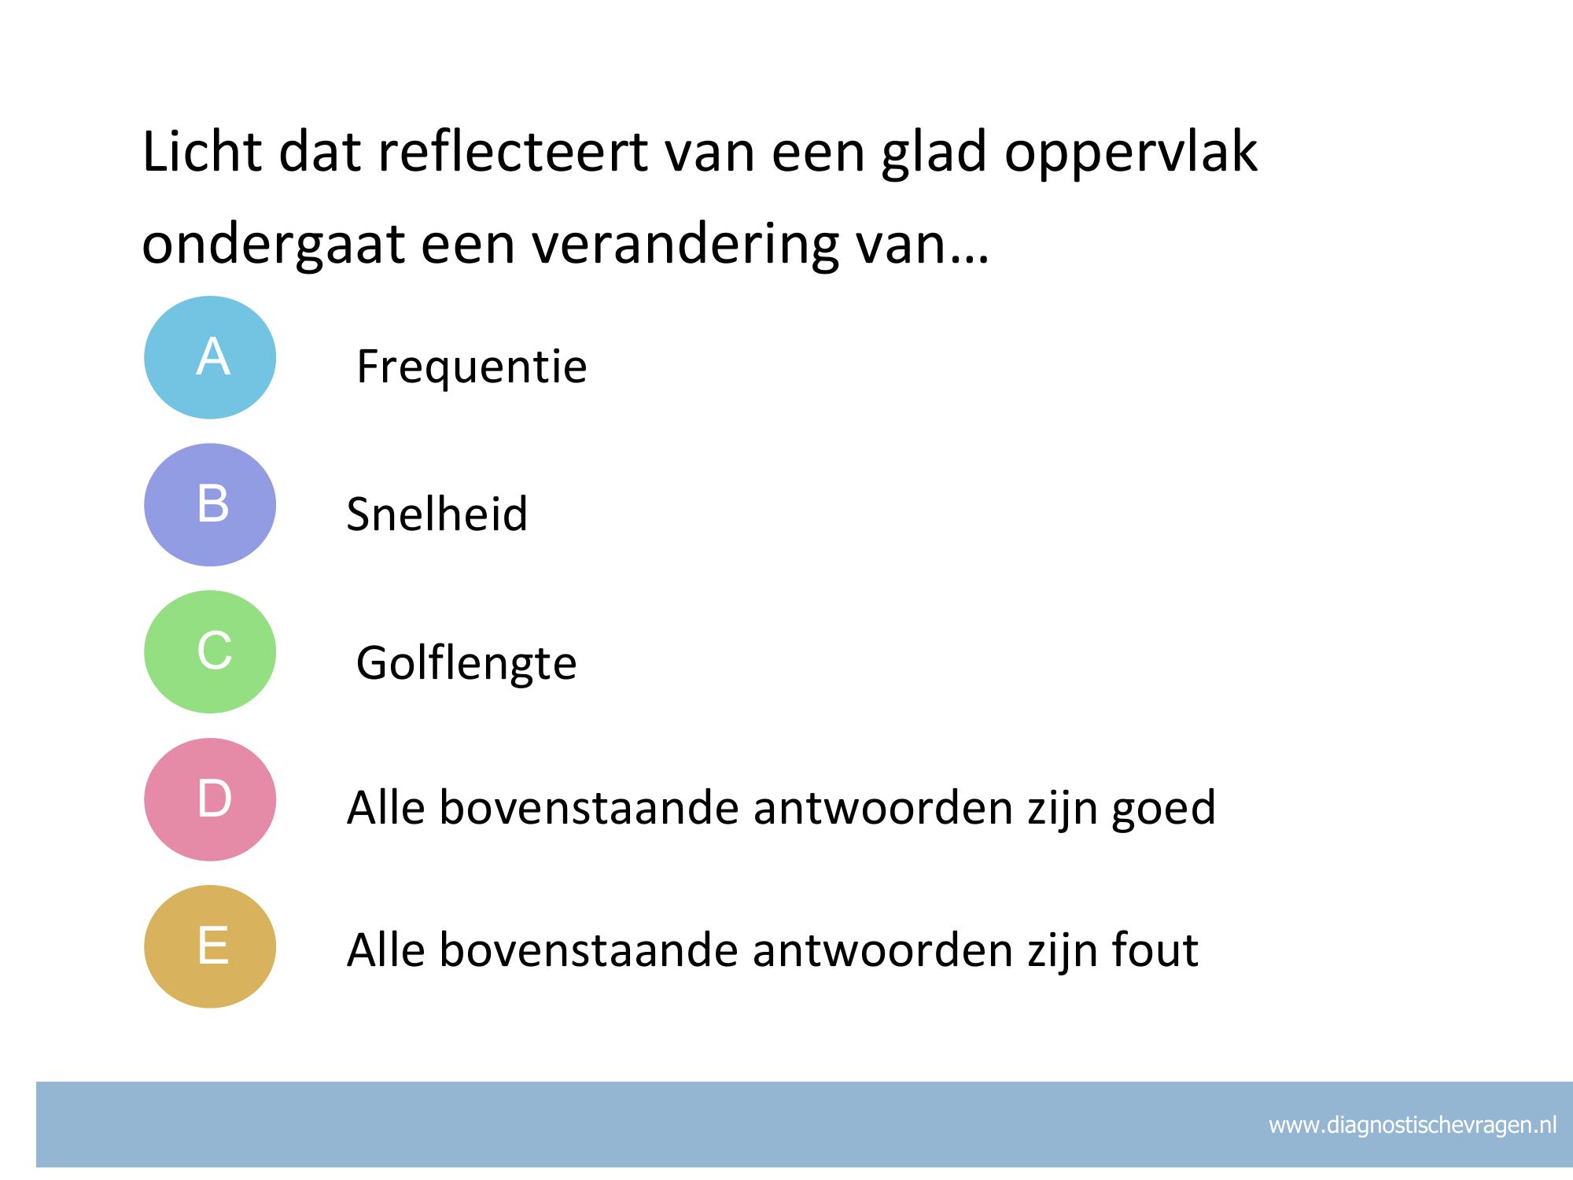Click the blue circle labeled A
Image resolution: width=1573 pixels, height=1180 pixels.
pos(210,357)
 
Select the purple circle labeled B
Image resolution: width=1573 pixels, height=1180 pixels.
pos(210,505)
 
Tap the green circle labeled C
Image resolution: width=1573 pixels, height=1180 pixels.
pos(210,652)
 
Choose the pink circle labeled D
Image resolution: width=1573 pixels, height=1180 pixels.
pos(210,799)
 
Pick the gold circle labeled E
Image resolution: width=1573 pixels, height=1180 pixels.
pos(210,946)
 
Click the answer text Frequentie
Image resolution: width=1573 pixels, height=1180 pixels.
pos(472,367)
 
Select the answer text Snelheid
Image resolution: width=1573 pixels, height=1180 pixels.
pos(437,514)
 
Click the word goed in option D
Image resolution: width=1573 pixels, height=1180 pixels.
pos(1163,809)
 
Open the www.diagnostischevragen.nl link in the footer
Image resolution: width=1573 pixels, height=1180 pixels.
pos(1413,1126)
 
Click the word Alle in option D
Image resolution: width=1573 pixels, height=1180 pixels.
pos(385,807)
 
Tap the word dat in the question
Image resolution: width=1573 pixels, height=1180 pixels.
pos(319,152)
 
